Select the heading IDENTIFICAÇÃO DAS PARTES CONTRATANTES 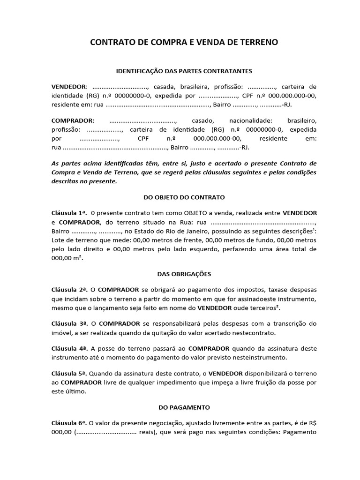(x=184, y=71)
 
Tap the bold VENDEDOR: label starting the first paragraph (x=70, y=87)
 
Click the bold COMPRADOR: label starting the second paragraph (x=73, y=120)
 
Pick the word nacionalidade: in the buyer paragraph (x=251, y=120)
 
